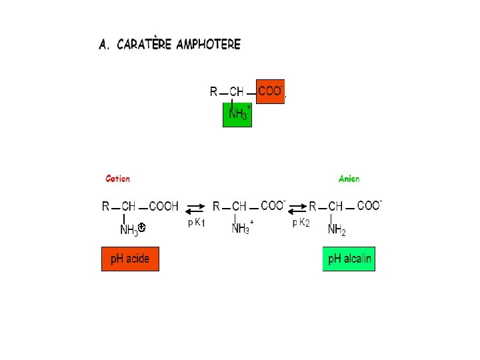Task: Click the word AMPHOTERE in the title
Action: (208, 45)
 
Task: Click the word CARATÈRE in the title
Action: (144, 45)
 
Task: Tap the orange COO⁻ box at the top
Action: (271, 92)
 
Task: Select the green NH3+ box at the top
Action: (237, 114)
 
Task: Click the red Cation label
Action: (118, 179)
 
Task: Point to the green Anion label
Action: (349, 179)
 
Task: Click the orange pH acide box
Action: (130, 259)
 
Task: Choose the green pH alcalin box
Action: (349, 259)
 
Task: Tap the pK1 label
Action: (196, 223)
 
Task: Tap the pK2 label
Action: (301, 223)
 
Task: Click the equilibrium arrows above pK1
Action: (195, 209)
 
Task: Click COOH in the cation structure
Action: (164, 207)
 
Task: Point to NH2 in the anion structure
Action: (337, 230)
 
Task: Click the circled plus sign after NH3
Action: (142, 228)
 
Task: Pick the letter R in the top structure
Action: (213, 91)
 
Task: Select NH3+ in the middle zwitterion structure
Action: (241, 229)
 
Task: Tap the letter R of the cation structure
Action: (106, 207)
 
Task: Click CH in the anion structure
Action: (335, 207)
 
